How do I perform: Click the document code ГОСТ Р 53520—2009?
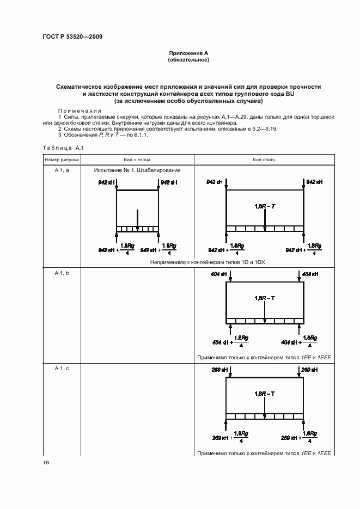point(72,37)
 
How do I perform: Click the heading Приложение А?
point(189,53)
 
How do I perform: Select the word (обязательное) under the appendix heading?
point(189,59)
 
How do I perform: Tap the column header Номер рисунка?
point(62,160)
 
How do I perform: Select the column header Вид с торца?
point(137,160)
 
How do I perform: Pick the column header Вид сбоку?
point(264,160)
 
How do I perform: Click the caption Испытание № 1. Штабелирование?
point(137,170)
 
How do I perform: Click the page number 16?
point(46,463)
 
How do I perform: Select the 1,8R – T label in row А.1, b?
point(265,298)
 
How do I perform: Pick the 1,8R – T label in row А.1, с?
point(265,393)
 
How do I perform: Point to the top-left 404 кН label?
point(219,274)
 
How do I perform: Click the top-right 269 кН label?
point(309,370)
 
